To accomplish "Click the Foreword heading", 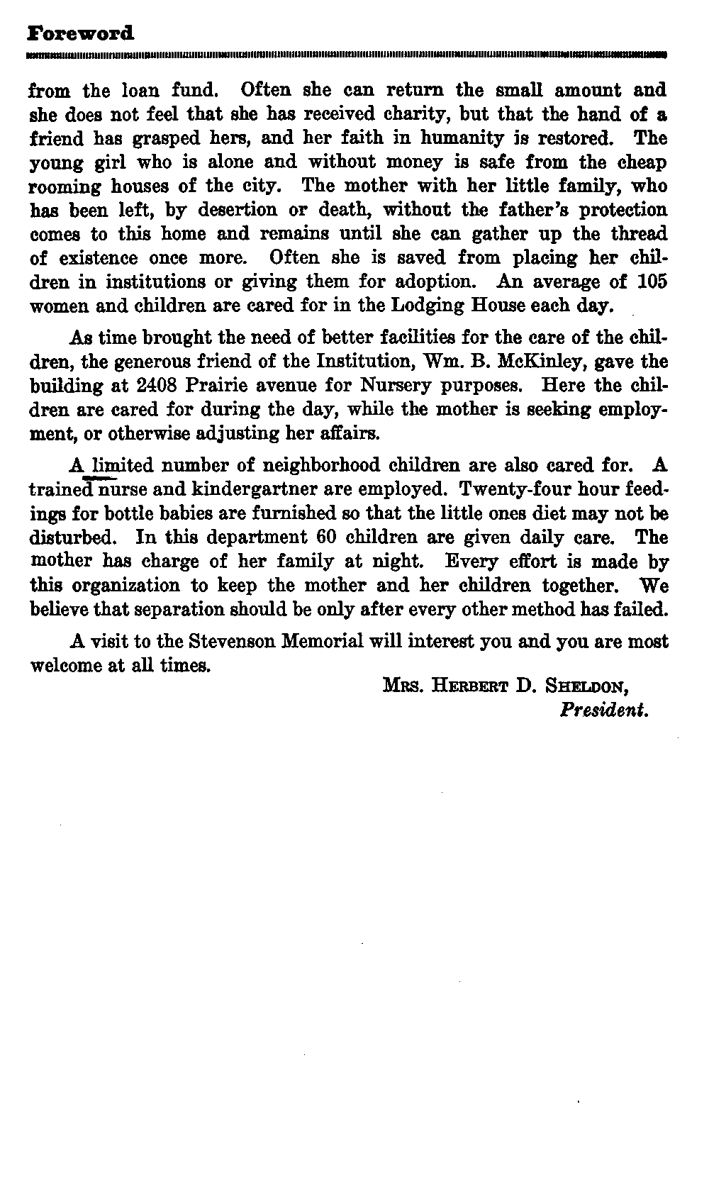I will (x=79, y=33).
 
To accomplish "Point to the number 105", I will (x=652, y=282).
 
